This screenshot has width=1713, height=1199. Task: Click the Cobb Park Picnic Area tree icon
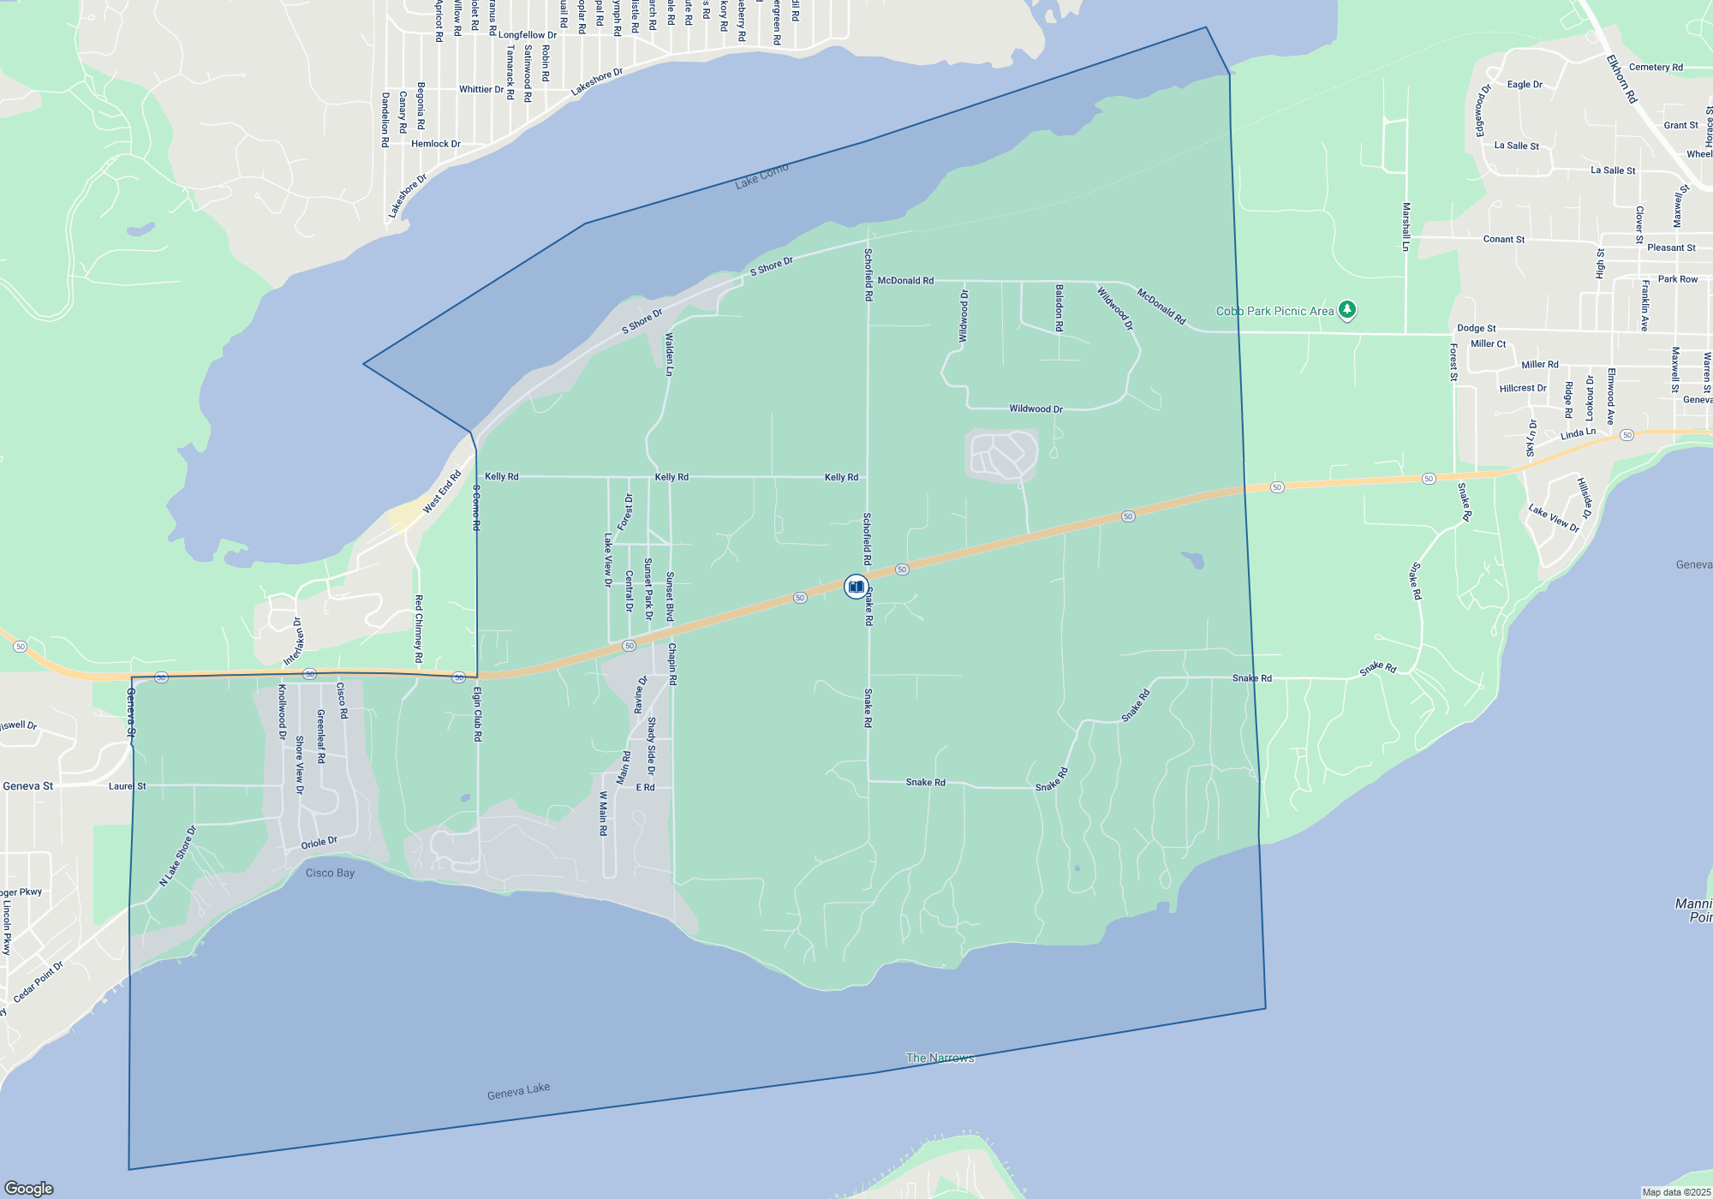coord(1347,310)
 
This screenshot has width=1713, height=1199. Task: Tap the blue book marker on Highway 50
coord(856,587)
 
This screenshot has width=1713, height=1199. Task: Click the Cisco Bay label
coord(330,873)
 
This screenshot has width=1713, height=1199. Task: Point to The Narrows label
coord(940,1058)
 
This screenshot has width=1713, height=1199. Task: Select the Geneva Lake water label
coord(518,1091)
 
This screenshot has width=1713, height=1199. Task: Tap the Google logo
coord(29,1188)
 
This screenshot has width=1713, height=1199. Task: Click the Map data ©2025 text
coord(1676,1192)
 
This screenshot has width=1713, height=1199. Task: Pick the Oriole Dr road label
coord(319,844)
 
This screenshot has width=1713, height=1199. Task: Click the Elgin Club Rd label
coord(478,713)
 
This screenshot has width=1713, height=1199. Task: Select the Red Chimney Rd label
coord(419,629)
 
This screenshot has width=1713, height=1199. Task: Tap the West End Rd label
coord(442,492)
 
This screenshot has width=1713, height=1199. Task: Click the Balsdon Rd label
coord(1059,308)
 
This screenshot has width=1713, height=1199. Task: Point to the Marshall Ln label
coord(1406,227)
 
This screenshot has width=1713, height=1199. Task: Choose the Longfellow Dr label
coord(528,35)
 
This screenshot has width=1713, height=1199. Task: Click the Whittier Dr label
coord(481,89)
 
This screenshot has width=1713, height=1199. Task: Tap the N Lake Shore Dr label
coord(178,856)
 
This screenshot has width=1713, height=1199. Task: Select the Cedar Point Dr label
coord(39,982)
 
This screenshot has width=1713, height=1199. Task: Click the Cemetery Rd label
coord(1656,67)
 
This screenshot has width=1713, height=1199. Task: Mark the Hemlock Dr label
coord(436,144)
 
